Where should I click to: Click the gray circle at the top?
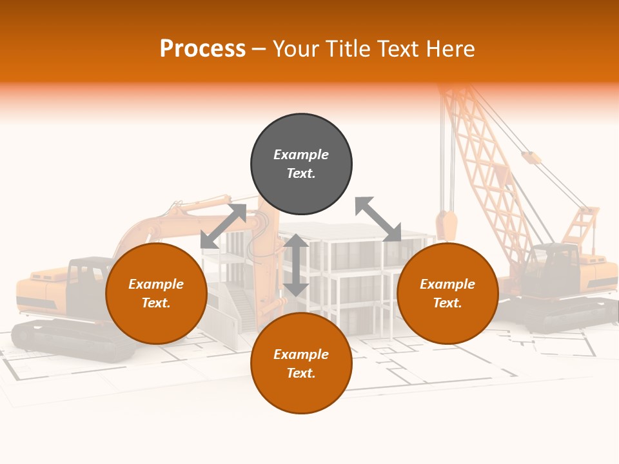pyautogui.click(x=301, y=164)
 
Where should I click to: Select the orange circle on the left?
pyautogui.click(x=156, y=294)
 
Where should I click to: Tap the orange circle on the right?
pyautogui.click(x=447, y=294)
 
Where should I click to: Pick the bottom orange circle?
pyautogui.click(x=301, y=363)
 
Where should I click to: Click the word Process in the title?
pyautogui.click(x=202, y=48)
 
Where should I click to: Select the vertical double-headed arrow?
pyautogui.click(x=296, y=265)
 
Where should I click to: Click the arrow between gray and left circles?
pyautogui.click(x=223, y=226)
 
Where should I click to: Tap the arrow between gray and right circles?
pyautogui.click(x=378, y=219)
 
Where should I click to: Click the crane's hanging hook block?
pyautogui.click(x=446, y=225)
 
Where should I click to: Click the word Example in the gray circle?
pyautogui.click(x=301, y=155)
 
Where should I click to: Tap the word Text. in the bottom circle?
pyautogui.click(x=301, y=373)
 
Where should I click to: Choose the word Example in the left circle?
pyautogui.click(x=156, y=284)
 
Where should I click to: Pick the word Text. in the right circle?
pyautogui.click(x=447, y=303)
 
